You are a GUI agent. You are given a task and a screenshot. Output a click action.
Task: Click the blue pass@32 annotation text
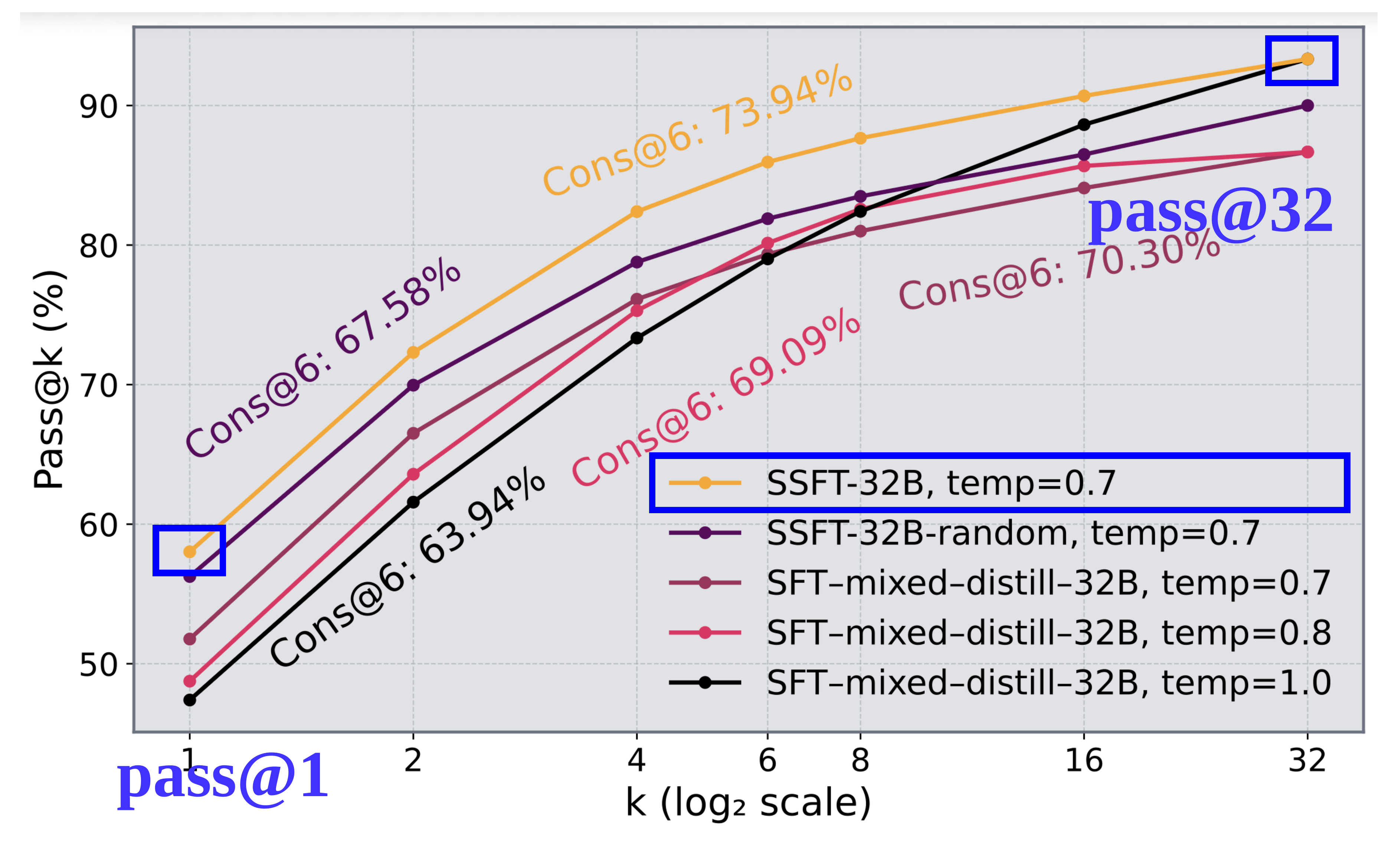tap(1210, 211)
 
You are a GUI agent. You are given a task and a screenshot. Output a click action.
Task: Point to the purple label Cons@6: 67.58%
tap(323, 358)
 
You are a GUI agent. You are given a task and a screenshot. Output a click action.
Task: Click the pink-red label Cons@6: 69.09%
tap(716, 397)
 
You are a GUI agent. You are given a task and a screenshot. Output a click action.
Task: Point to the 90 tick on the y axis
tap(98, 106)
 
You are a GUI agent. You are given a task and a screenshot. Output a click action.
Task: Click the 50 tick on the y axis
tap(98, 664)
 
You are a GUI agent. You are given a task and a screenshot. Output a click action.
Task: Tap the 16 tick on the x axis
tap(1083, 761)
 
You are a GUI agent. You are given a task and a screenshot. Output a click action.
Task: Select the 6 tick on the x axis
tap(767, 761)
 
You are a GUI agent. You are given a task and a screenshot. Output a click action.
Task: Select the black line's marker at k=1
tap(190, 700)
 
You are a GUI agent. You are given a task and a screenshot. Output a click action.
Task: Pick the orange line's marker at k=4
tap(636, 212)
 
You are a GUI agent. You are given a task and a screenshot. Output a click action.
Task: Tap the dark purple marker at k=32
tap(1307, 105)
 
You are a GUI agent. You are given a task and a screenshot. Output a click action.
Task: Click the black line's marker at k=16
tap(1084, 124)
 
